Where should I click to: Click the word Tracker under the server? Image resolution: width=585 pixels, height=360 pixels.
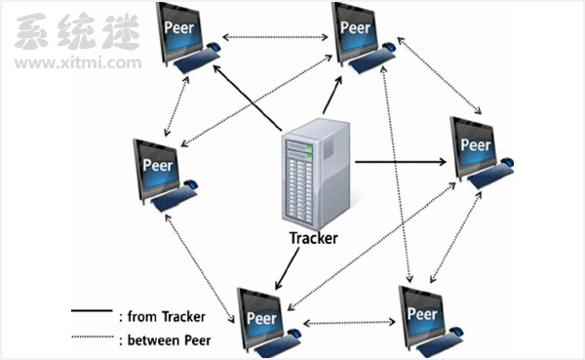(313, 238)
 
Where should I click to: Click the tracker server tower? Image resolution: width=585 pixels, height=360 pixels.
(316, 174)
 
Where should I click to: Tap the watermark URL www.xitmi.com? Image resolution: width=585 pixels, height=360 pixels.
(78, 62)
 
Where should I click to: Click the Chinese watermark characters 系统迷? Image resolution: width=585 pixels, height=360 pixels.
(77, 32)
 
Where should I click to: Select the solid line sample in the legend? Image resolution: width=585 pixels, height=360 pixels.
(92, 310)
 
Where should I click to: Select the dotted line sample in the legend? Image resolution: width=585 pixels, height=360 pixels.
(93, 337)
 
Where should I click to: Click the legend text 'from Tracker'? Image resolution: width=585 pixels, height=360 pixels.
(167, 317)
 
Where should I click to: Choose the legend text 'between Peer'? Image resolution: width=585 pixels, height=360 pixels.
(169, 340)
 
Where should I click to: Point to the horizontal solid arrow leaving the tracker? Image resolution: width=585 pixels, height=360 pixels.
(401, 162)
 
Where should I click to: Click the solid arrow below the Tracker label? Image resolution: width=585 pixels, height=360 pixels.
(287, 269)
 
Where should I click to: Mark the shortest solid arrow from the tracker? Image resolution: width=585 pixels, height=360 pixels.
(332, 96)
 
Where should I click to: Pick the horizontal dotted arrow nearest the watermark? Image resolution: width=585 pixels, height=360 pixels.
(275, 37)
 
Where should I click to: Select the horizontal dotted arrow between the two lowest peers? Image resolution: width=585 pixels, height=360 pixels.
(349, 322)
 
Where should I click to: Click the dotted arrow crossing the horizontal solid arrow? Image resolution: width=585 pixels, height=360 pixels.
(396, 175)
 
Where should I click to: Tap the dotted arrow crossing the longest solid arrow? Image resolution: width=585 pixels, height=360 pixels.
(256, 100)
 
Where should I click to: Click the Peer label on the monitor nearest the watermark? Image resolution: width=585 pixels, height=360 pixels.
(179, 27)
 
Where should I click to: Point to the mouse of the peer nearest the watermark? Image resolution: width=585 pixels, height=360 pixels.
(213, 47)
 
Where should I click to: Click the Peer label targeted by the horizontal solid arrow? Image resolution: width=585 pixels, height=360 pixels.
(476, 145)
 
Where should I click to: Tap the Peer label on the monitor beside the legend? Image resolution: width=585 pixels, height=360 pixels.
(262, 318)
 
